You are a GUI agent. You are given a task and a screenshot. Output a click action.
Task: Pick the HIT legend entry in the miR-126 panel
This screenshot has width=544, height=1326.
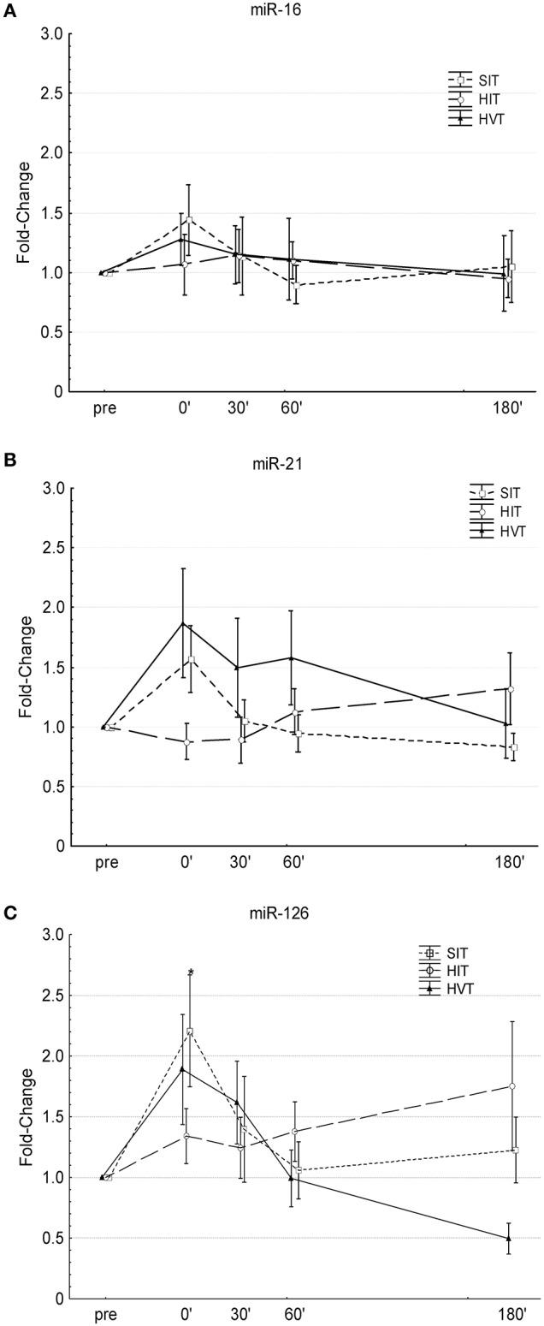point(446,971)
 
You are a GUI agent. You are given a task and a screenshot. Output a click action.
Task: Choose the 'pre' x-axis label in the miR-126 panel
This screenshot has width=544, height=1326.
point(106,1314)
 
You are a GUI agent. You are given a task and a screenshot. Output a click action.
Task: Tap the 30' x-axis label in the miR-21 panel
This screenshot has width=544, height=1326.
point(239,862)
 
